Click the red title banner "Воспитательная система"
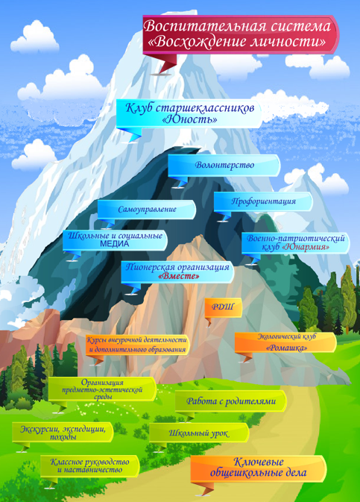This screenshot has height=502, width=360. pos(241,34)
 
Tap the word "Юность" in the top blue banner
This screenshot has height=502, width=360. pos(190,120)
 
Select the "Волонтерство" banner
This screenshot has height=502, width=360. pos(224,166)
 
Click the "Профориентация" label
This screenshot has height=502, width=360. pos(263,201)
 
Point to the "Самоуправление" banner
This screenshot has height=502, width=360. pos(147,210)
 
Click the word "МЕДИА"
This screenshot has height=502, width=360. pos(115,244)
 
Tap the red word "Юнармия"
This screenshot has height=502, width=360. pos(306,248)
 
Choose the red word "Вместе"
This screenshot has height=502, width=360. pos(179,276)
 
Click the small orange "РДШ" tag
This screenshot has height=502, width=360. pos(223,307)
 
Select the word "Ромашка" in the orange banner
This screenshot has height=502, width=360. pos(286,348)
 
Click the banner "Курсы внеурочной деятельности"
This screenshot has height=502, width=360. pos(138,345)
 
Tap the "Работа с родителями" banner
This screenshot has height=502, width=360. pos(231,401)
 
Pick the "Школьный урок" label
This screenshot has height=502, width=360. pos(199,433)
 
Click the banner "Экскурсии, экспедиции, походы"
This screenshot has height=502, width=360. pos(63,432)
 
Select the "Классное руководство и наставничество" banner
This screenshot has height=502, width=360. pos(90,466)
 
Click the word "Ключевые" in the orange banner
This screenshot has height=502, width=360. pos(259,462)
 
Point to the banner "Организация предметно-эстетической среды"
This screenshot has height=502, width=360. pos(102,389)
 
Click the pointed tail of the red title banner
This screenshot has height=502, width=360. pos(161,73)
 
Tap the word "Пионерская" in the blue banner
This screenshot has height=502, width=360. pos(150,267)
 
